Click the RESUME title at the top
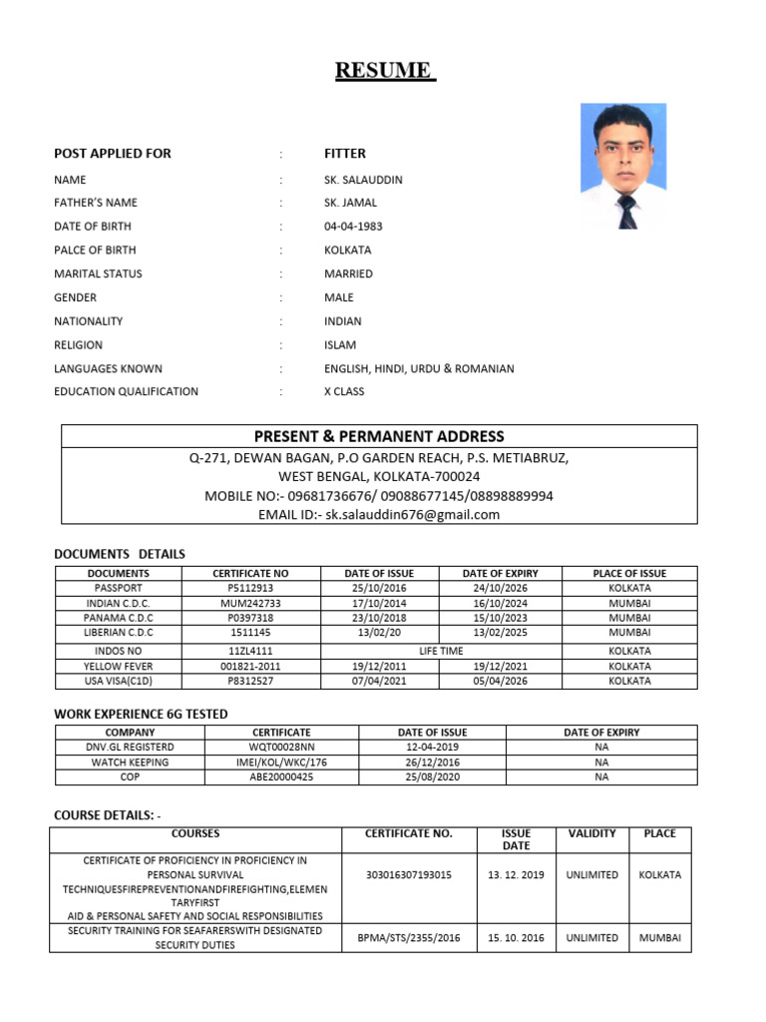[383, 71]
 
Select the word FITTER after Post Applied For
[345, 154]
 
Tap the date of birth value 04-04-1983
[353, 227]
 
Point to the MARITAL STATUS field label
[98, 273]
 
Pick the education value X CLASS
[344, 391]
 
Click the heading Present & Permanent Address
[379, 436]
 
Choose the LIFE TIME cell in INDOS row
[441, 651]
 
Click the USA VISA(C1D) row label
[119, 681]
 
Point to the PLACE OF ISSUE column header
[629, 574]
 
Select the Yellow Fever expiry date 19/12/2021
[500, 666]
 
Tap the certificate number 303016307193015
[409, 875]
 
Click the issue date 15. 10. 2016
[517, 938]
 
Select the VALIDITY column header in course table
[591, 833]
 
